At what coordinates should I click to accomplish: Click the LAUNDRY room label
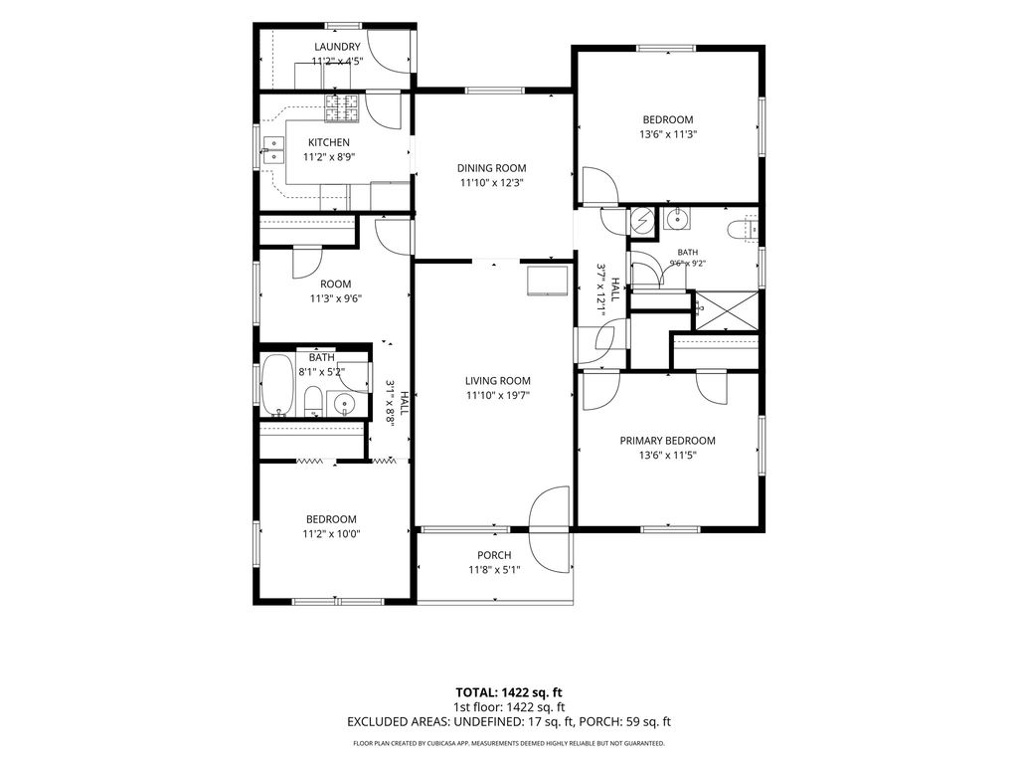coord(337,47)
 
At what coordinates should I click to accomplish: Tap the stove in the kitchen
coord(342,107)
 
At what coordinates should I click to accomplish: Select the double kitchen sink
coord(273,150)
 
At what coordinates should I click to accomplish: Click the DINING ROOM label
coord(491,168)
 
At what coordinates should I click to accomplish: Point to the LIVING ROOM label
coord(498,381)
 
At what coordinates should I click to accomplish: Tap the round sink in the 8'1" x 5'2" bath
coord(343,405)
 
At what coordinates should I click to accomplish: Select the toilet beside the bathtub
coord(313,401)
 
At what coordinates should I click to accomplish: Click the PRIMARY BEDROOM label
coord(667,441)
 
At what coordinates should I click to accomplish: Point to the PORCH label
coord(494,555)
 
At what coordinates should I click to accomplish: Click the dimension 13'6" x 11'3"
coord(668,134)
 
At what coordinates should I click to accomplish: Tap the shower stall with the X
coord(727,310)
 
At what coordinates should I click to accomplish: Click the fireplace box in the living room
coord(548,280)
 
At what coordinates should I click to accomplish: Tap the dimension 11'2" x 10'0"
coord(331,534)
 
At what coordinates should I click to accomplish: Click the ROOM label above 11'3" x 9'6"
coord(336,284)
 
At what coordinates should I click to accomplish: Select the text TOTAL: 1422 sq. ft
coord(508,692)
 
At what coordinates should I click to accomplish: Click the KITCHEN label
coord(328,142)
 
